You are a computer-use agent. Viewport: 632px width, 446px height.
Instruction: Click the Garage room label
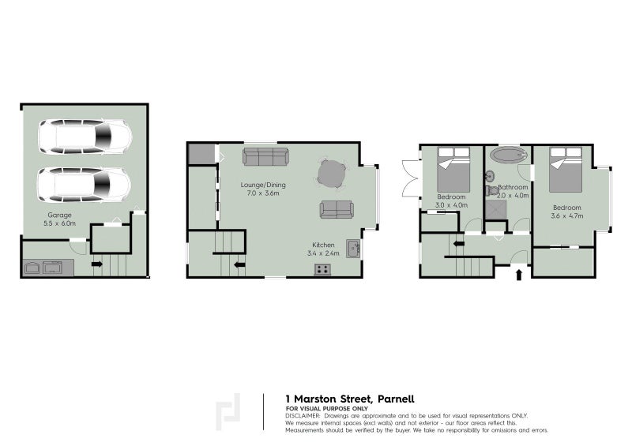point(60,216)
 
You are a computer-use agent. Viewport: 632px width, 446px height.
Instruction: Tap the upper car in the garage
point(85,137)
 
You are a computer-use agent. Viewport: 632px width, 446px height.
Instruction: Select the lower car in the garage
point(85,185)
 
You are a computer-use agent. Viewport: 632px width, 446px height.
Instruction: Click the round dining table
point(332,174)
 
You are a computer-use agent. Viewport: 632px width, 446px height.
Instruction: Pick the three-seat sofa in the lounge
point(265,156)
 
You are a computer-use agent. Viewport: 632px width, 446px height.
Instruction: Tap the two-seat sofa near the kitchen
point(337,209)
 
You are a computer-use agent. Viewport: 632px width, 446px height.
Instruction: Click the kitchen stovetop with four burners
point(322,269)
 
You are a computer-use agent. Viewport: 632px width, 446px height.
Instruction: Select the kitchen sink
point(353,249)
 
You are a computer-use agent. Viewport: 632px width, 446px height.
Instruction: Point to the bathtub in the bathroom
point(508,154)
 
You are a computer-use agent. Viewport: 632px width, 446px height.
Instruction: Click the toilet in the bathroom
point(492,190)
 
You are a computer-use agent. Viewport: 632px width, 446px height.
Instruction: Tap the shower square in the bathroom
point(496,210)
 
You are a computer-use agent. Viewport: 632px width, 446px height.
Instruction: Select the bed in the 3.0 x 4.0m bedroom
point(453,170)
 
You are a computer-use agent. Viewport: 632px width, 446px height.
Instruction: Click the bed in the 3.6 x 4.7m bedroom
point(566,170)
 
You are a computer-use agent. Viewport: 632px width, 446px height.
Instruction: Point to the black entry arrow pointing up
point(519,275)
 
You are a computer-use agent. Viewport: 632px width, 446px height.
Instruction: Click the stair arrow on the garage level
point(96,264)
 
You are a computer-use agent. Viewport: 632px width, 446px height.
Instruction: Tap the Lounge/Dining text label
point(263,185)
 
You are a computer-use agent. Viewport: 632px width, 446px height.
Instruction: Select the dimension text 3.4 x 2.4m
point(323,253)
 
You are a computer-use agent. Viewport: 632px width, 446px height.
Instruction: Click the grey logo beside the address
point(228,412)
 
